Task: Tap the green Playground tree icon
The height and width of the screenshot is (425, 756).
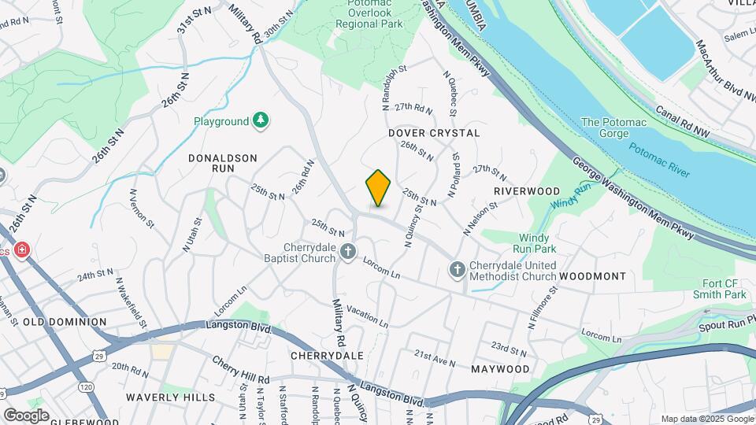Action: coord(261,120)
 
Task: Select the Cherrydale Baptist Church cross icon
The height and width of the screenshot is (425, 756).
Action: coord(348,250)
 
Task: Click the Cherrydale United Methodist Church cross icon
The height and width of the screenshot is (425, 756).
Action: coord(456,270)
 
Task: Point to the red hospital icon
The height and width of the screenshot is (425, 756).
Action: coord(22,250)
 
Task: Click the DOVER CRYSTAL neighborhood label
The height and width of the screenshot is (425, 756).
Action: coord(434,133)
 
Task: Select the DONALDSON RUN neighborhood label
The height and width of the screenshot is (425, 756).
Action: coord(223,164)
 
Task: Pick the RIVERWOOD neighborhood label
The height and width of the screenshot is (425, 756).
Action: coord(527,191)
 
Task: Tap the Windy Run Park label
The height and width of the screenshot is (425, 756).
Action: coord(539,242)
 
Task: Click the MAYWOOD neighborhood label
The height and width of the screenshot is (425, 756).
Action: coord(500,368)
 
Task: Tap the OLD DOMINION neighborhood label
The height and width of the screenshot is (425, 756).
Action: coord(65,322)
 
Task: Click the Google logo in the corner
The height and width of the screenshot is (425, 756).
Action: coord(26,415)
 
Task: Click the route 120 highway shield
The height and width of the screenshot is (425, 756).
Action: coord(85,386)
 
